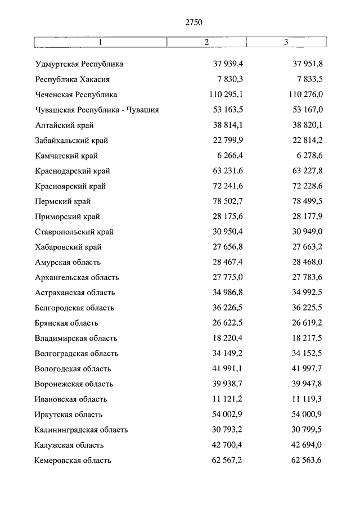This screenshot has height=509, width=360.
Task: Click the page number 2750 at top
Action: click(x=193, y=22)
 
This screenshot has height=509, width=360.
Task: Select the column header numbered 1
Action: click(x=101, y=43)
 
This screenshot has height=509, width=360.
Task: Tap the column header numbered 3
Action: click(x=286, y=43)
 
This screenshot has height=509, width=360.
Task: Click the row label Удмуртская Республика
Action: click(x=79, y=64)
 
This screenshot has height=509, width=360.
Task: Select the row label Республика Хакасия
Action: click(x=72, y=79)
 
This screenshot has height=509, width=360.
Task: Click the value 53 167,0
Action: click(x=307, y=110)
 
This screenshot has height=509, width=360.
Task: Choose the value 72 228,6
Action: click(x=307, y=186)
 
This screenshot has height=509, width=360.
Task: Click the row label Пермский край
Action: click(x=62, y=201)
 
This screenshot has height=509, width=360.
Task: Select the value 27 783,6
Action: click(x=307, y=277)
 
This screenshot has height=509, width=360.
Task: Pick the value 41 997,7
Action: click(x=307, y=369)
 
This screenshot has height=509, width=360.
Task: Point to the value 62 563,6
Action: click(x=307, y=460)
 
